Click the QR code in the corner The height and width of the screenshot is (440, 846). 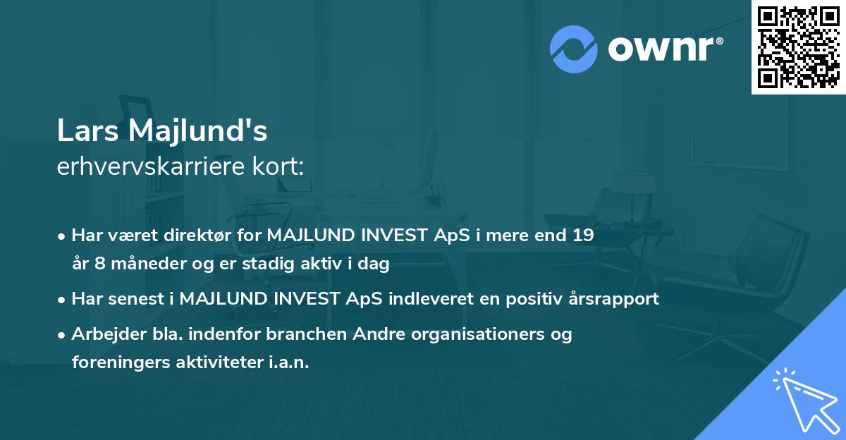798,47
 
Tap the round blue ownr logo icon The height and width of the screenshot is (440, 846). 574,49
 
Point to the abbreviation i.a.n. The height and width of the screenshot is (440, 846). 288,362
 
